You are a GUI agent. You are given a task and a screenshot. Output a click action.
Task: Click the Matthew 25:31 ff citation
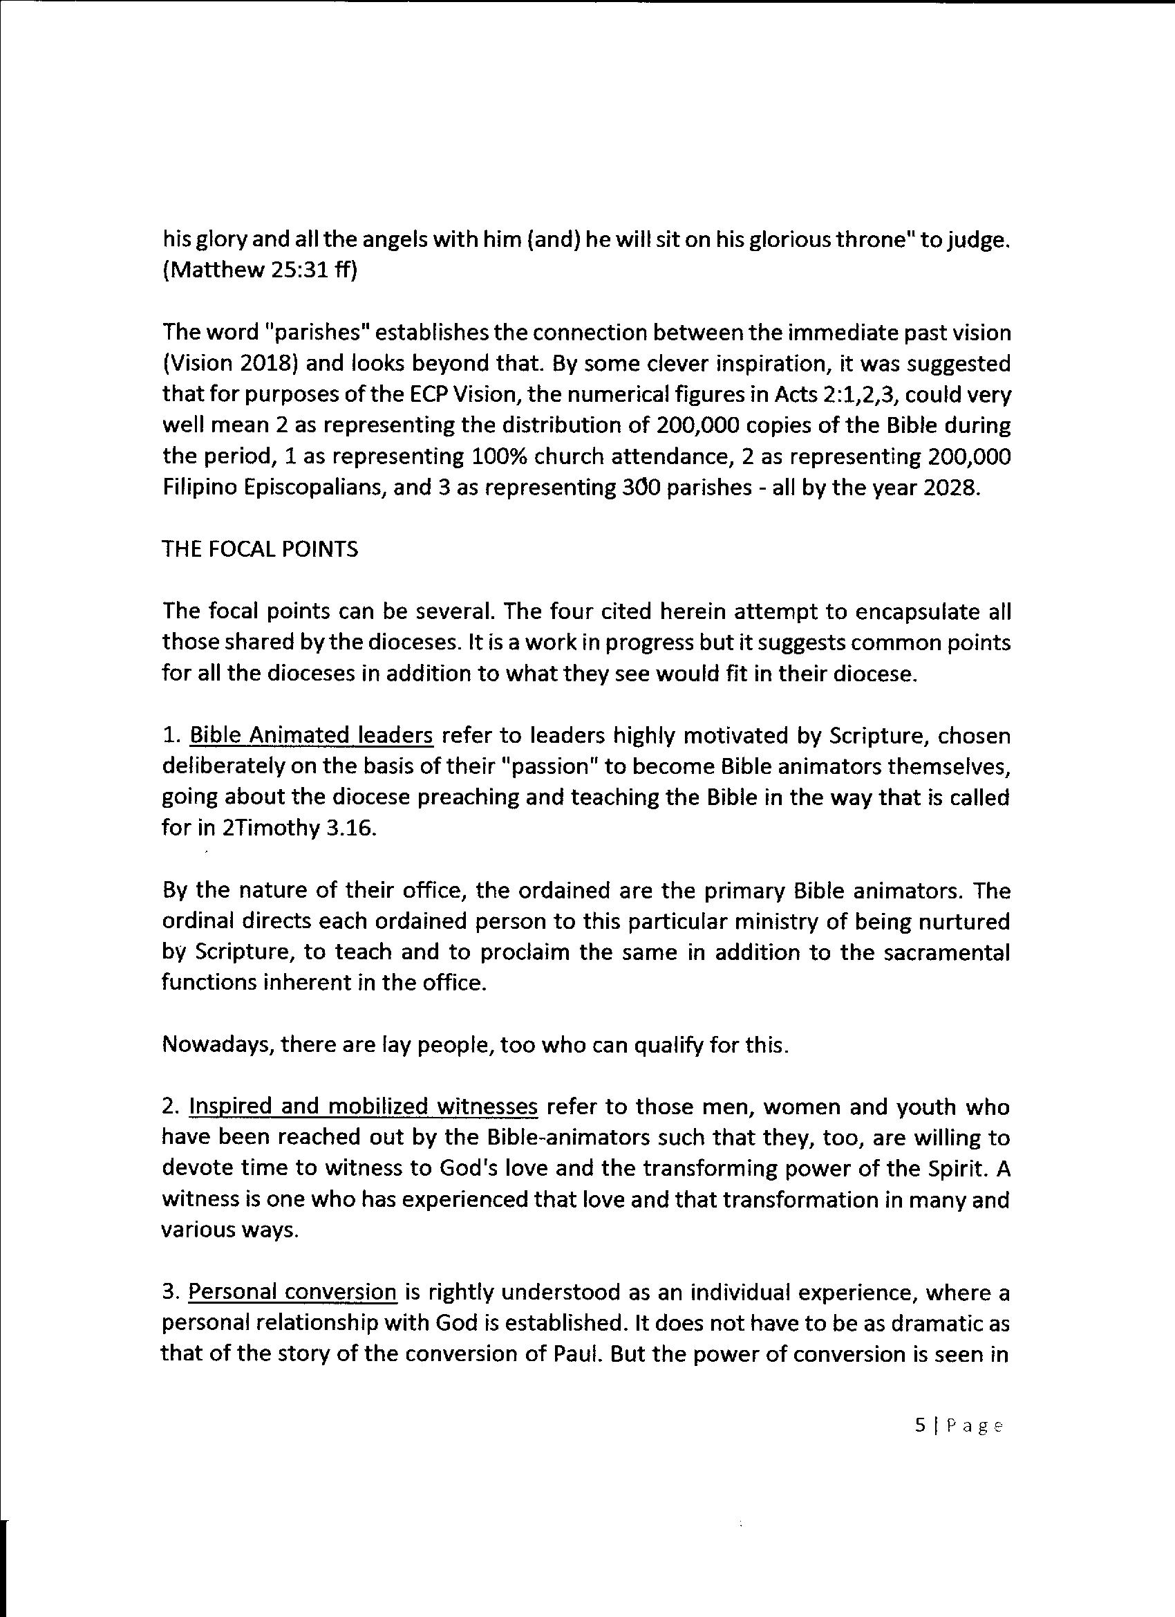[x=258, y=273]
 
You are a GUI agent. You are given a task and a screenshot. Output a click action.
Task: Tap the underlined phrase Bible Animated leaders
[x=312, y=735]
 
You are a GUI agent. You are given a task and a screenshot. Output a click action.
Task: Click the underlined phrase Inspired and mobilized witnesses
[x=363, y=1107]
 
